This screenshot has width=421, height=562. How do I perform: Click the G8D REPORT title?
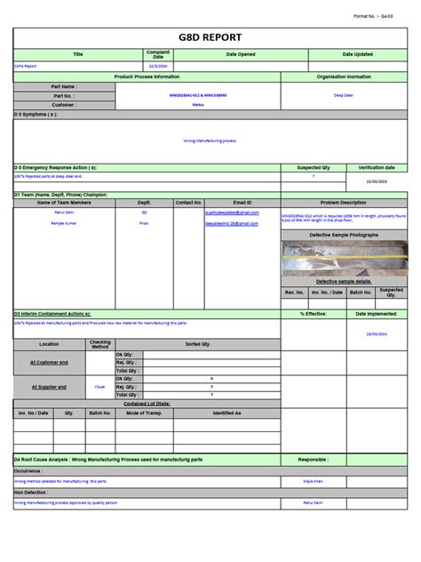(210, 38)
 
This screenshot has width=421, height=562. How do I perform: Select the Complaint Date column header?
(158, 54)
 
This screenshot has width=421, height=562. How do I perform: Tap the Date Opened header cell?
(241, 54)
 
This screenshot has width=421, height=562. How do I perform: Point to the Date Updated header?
(358, 54)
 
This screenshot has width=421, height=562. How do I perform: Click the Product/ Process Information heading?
(147, 76)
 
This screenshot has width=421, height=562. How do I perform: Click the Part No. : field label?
(64, 95)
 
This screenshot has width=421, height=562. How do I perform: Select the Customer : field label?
(64, 104)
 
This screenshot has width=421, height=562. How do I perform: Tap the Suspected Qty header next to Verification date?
(313, 167)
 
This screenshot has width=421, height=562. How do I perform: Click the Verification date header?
(377, 167)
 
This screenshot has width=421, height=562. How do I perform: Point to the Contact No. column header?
(189, 203)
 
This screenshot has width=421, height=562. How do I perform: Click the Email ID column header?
(242, 203)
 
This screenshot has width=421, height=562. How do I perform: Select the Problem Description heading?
(344, 203)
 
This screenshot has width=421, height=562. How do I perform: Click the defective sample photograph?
(344, 258)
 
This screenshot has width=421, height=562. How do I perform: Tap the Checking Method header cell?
(100, 343)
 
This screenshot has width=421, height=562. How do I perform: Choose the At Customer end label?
(50, 362)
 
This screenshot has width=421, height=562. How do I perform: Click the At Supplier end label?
(50, 387)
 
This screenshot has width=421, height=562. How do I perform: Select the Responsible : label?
(314, 460)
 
